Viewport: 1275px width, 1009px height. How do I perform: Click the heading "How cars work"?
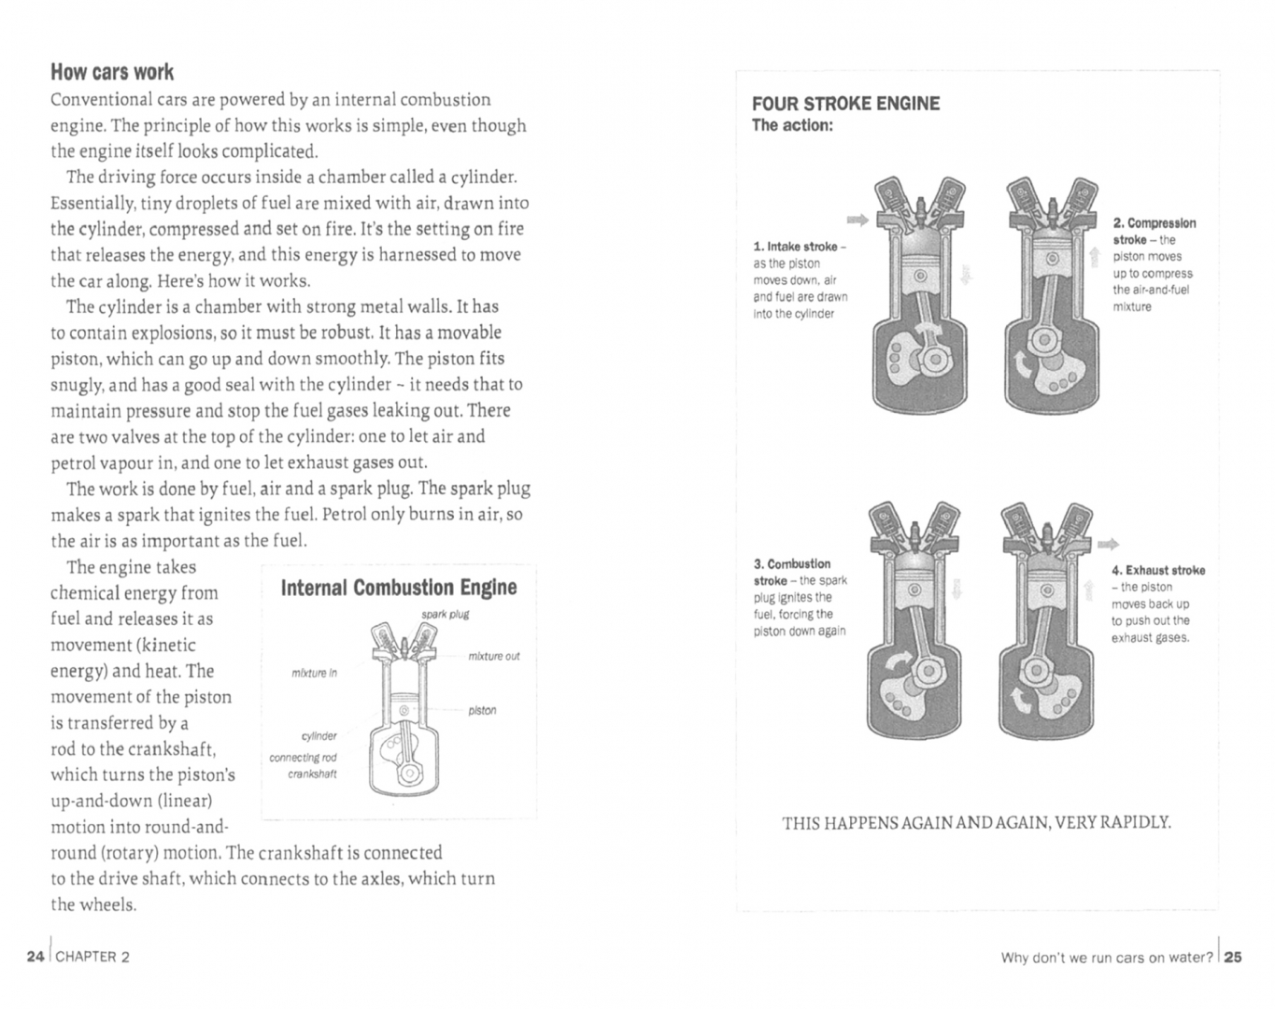point(112,72)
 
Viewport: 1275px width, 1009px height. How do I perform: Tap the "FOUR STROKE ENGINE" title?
point(845,104)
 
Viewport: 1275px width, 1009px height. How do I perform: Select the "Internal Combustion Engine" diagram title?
point(399,588)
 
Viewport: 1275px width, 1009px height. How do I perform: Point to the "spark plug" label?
point(445,614)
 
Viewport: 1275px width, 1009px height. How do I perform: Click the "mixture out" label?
point(494,656)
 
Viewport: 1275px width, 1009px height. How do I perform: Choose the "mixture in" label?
point(314,673)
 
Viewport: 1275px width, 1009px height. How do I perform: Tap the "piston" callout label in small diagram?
point(482,710)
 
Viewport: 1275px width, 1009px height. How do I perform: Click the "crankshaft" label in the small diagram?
point(312,774)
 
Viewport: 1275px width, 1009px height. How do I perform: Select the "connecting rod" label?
point(303,758)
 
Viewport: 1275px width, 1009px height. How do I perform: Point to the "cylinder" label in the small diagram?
point(319,736)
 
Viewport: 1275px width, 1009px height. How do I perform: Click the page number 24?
point(35,956)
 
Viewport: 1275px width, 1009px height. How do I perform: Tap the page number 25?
point(1233,957)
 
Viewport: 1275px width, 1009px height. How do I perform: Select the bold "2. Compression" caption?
point(1154,223)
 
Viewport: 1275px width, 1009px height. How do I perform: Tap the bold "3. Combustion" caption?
point(792,563)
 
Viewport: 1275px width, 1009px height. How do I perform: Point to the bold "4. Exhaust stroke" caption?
point(1158,570)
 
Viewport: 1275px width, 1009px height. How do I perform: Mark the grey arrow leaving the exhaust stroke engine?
point(1108,544)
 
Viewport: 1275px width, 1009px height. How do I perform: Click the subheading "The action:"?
point(792,125)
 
